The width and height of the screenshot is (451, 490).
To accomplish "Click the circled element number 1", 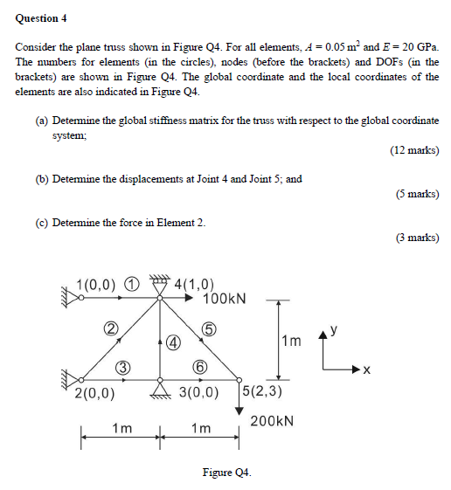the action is [x=131, y=284].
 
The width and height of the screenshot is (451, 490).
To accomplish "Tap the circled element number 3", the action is [x=124, y=367].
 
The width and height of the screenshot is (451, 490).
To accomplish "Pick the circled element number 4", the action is [x=173, y=343].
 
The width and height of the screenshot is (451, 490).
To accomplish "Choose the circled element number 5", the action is [x=207, y=329].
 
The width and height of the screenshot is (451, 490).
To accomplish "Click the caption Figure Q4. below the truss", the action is [x=226, y=473].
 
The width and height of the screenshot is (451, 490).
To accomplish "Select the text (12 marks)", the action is [x=414, y=150].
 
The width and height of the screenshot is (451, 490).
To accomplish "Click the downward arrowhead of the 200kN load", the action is [x=239, y=410].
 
